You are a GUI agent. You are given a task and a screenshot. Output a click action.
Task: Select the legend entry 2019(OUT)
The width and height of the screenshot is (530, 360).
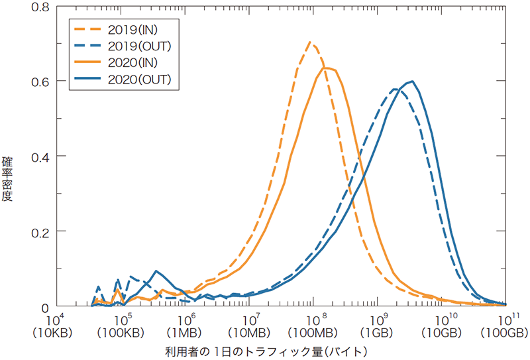(x=140, y=46)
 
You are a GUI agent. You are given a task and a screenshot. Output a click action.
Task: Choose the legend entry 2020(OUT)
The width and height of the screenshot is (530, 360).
(x=140, y=79)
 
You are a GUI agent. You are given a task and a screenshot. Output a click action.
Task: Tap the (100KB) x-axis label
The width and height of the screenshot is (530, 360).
(x=123, y=331)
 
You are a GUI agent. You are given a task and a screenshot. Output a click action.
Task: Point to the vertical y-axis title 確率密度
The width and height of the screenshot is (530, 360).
(x=9, y=179)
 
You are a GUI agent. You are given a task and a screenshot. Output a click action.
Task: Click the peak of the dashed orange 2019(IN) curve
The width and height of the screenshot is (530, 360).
(x=310, y=42)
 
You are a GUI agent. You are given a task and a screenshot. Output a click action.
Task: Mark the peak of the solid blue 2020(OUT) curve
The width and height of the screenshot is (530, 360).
(x=413, y=82)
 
